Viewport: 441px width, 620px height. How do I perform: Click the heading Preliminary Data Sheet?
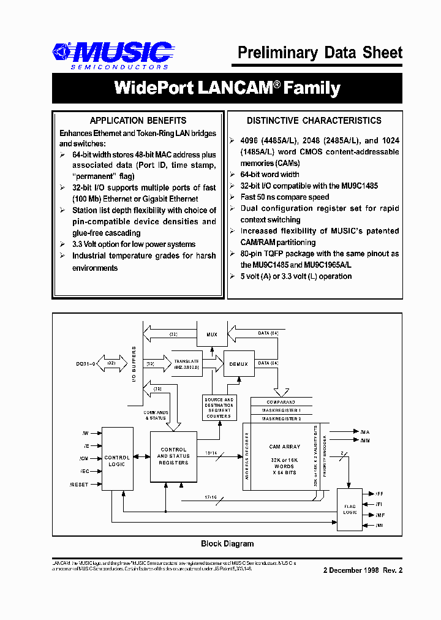pos(320,53)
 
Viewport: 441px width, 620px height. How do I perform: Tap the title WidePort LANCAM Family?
pos(227,88)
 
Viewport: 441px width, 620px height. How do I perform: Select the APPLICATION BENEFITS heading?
pos(138,121)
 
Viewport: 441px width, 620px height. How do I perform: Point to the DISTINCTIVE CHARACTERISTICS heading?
pos(314,121)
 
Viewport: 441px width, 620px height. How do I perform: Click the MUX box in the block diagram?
pos(211,334)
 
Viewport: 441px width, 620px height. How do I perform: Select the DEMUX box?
pos(238,364)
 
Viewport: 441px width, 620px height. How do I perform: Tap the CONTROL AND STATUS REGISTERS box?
pos(173,456)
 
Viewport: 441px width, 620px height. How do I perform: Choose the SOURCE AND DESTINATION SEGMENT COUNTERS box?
pos(219,408)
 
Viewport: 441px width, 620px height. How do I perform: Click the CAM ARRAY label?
pos(284,447)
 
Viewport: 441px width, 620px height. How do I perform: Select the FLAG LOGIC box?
pos(350,508)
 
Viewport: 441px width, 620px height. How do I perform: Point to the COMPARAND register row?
pos(282,402)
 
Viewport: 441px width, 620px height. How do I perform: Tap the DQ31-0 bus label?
pos(86,363)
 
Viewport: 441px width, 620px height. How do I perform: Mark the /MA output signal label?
pos(365,431)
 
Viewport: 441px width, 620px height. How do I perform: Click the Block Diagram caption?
pos(227,543)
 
